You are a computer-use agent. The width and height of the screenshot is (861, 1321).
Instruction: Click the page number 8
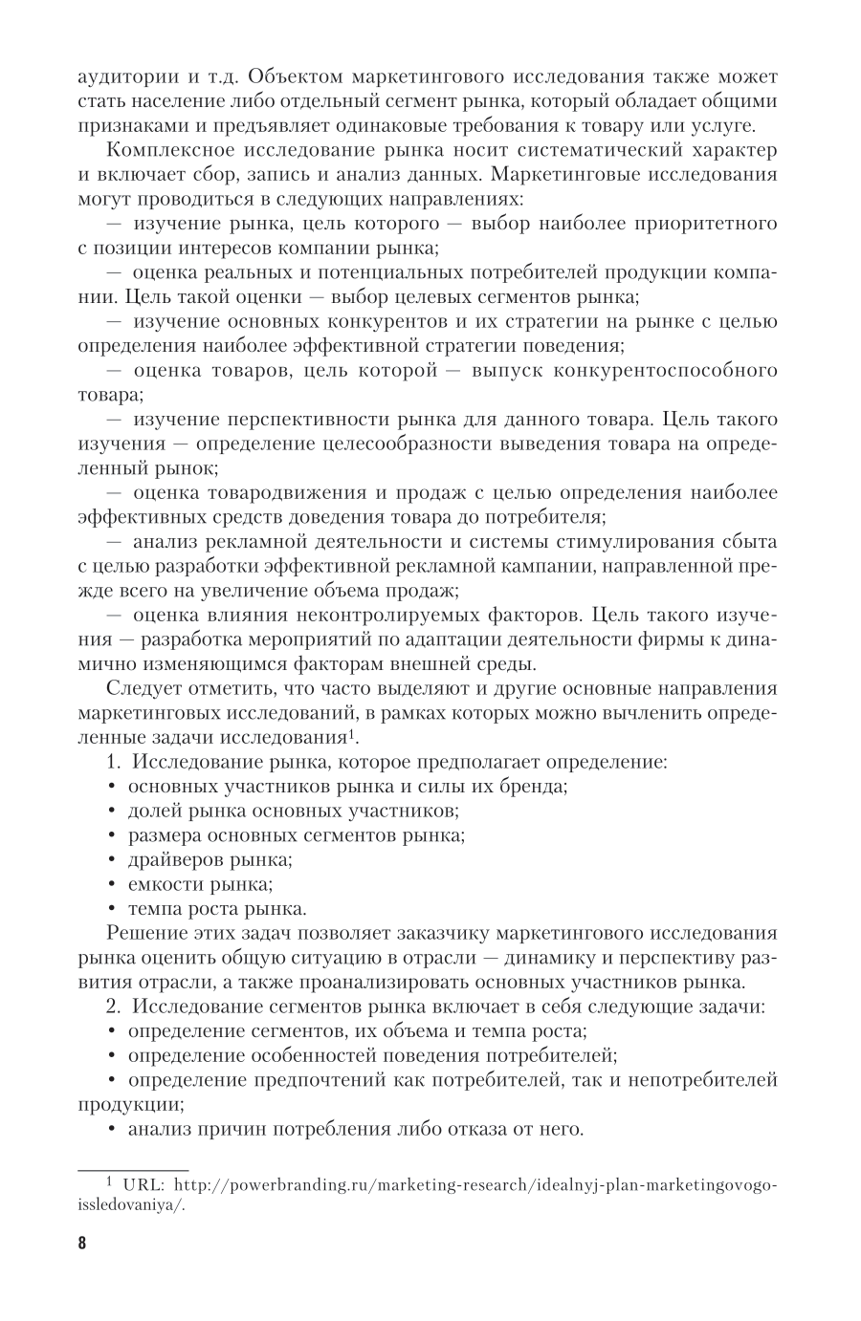81,1244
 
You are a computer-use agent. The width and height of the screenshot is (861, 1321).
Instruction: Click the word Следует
141,688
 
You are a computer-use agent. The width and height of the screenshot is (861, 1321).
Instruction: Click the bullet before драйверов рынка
112,860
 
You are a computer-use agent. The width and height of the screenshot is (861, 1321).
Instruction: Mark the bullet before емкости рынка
112,884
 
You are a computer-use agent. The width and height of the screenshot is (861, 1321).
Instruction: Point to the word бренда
537,787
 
